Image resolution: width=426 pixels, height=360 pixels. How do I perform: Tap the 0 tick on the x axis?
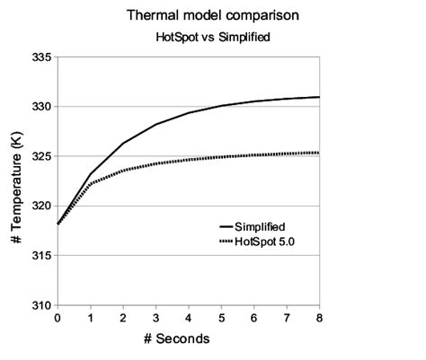58,317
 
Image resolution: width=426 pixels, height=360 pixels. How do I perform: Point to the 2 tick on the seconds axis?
123,317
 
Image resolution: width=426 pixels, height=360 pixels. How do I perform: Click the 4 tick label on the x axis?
189,317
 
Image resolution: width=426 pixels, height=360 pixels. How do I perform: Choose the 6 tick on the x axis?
254,317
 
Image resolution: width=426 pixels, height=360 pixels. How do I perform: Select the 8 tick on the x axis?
319,317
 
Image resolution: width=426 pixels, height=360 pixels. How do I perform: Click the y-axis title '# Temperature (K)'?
16,180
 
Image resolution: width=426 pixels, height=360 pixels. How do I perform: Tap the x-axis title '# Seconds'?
188,338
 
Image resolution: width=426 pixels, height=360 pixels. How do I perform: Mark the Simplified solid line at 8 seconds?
318,97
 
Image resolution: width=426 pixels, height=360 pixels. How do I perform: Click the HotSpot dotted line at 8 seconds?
318,153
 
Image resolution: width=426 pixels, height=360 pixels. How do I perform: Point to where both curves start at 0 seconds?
58,224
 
